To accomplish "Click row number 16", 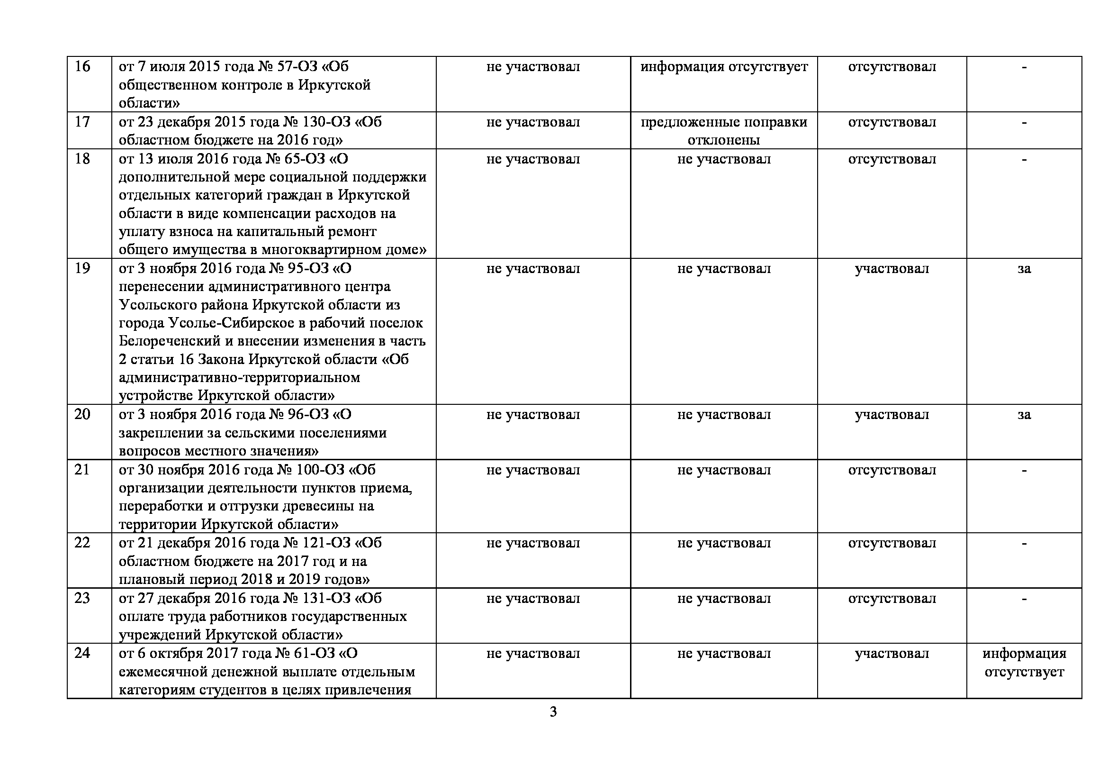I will pyautogui.click(x=82, y=67).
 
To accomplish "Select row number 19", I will pyautogui.click(x=82, y=268).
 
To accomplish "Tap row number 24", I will pyautogui.click(x=82, y=653).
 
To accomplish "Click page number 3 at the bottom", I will pyautogui.click(x=553, y=712).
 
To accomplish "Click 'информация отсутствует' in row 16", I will pyautogui.click(x=724, y=67).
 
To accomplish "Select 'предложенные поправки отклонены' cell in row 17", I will pyautogui.click(x=724, y=131).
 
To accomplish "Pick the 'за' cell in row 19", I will pyautogui.click(x=1024, y=268).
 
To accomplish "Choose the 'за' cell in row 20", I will pyautogui.click(x=1024, y=415).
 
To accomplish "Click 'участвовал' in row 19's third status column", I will pyautogui.click(x=892, y=268).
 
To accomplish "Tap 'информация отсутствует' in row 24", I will pyautogui.click(x=1024, y=662).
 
